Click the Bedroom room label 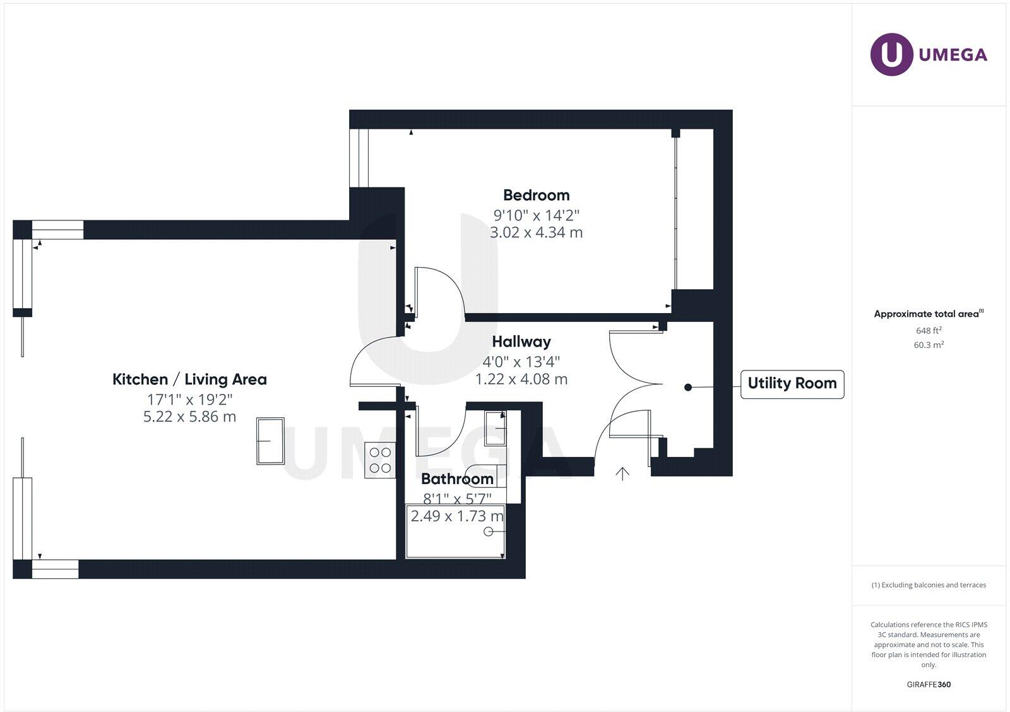click(x=536, y=195)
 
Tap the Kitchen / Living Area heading click(x=189, y=379)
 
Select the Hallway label click(x=521, y=341)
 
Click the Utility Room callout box click(x=792, y=384)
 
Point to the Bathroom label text click(x=457, y=479)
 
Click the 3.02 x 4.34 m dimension click(x=536, y=232)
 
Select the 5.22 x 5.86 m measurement click(x=189, y=417)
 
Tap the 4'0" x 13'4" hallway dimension click(x=521, y=362)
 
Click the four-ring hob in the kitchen click(x=380, y=460)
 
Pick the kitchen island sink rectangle click(x=270, y=441)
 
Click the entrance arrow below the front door click(x=622, y=473)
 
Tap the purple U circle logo click(x=891, y=54)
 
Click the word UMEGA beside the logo click(x=953, y=55)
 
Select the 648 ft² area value click(x=929, y=331)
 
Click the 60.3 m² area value click(x=929, y=345)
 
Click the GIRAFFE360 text click(x=929, y=684)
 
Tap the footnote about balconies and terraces click(x=929, y=585)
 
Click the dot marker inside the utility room click(x=688, y=388)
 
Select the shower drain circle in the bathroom click(x=488, y=532)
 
